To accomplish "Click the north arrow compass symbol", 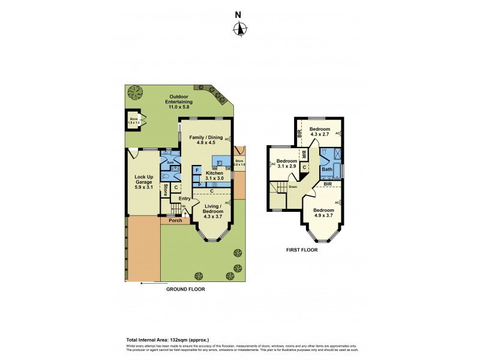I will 240,28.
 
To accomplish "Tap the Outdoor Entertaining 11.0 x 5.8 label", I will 179,101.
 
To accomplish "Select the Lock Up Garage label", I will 143,181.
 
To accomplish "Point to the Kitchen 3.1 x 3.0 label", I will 214,175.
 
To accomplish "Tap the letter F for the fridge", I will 197,171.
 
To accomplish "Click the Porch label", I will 175,220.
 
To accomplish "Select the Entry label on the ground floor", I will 184,199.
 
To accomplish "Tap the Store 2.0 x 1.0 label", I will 240,161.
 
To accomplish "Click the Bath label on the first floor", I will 326,169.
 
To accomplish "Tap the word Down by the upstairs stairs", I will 293,187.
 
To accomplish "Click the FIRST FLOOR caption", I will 301,250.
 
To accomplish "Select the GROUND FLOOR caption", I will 185,289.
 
